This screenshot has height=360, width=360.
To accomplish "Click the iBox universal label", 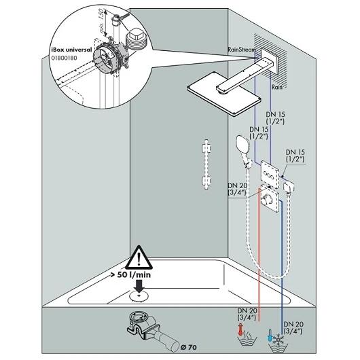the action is (71, 50).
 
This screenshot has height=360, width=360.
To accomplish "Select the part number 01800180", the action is (64, 58).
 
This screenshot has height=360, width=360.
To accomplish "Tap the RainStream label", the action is (242, 50).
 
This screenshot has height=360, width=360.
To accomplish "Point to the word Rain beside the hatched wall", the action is (277, 87).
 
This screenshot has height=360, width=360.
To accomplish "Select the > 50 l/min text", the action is (131, 274).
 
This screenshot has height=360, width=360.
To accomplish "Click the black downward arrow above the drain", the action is (139, 286).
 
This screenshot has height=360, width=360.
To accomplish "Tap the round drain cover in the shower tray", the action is (139, 296).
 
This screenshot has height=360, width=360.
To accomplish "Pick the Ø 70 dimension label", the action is (189, 347).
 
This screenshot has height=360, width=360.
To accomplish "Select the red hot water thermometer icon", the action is (240, 330).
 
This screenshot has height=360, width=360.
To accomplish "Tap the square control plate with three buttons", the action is (270, 174).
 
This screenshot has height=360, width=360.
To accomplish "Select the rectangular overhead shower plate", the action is (224, 94).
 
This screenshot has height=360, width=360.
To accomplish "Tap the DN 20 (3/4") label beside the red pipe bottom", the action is (247, 314).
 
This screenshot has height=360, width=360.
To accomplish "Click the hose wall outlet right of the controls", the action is (289, 187).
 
